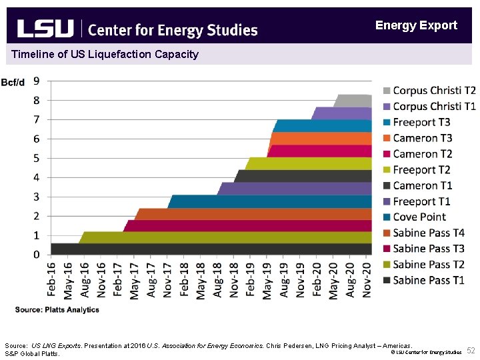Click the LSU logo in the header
[x=45, y=29]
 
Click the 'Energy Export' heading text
[x=416, y=25]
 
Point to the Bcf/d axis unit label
[x=13, y=83]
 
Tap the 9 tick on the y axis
[x=36, y=81]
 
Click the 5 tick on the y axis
[x=36, y=158]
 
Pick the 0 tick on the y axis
[x=36, y=255]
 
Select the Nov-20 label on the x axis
[x=367, y=279]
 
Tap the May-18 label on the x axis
[x=201, y=279]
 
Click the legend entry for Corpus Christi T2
[x=434, y=91]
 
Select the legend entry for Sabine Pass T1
[x=429, y=281]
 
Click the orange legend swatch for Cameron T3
[x=387, y=139]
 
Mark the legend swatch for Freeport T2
[x=387, y=170]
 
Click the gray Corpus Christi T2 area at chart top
[x=353, y=101]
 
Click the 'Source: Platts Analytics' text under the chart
[x=57, y=310]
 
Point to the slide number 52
[x=471, y=351]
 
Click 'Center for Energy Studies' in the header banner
[x=173, y=30]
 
